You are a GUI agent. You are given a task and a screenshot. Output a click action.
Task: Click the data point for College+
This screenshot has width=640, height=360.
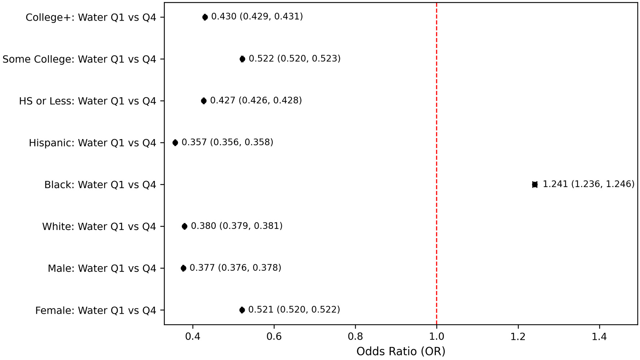[x=205, y=17]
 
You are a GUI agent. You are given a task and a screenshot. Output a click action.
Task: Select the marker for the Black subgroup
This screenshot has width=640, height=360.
[x=535, y=185]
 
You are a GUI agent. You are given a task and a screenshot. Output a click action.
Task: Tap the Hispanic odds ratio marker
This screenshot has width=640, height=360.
[x=175, y=143]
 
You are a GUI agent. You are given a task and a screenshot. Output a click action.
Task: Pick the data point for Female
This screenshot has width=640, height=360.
[x=242, y=310]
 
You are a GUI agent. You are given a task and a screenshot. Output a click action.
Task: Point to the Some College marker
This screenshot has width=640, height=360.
[x=242, y=59]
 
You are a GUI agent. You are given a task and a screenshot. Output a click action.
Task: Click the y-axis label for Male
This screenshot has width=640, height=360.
[x=102, y=268]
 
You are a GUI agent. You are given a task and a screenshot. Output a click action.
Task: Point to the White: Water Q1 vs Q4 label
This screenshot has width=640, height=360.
[x=99, y=226]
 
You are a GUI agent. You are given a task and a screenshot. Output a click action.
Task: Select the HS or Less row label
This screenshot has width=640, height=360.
[x=87, y=101]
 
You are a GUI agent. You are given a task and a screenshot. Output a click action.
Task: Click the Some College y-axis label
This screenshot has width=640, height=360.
[x=79, y=59]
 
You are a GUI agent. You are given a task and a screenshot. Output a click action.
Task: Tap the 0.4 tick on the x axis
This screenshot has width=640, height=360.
[x=193, y=337]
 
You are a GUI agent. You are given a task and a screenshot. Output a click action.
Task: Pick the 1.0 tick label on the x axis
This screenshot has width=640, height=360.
[x=437, y=337]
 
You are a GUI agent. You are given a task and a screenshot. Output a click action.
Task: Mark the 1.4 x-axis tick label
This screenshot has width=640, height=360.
[x=600, y=337]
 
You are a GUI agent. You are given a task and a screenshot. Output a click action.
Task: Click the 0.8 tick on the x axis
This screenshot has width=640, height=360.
[x=355, y=337]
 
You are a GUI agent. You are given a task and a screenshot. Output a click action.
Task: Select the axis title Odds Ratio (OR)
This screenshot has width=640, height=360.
[x=401, y=351]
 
